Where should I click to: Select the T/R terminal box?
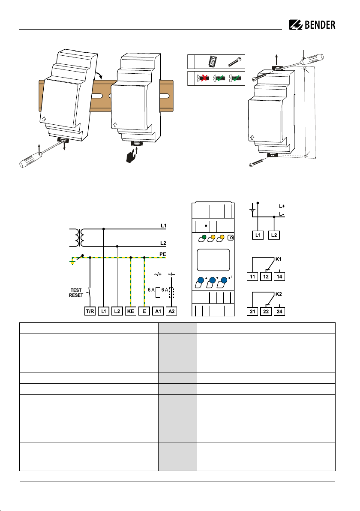click(x=89, y=311)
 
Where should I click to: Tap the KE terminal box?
click(x=131, y=311)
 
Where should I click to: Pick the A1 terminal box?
click(x=159, y=311)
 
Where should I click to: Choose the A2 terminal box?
click(x=172, y=311)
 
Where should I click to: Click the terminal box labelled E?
click(x=144, y=311)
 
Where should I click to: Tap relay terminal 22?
click(x=267, y=311)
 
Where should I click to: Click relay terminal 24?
click(x=280, y=311)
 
